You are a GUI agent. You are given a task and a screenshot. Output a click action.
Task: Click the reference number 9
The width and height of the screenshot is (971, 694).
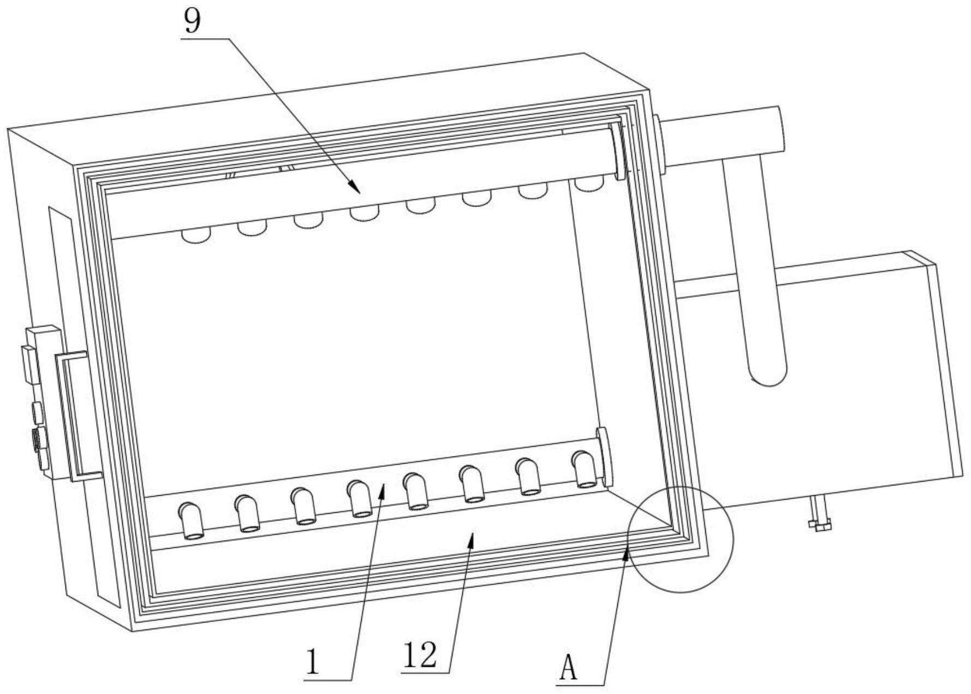(192, 21)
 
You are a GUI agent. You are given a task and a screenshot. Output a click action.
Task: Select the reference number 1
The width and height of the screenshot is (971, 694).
(312, 661)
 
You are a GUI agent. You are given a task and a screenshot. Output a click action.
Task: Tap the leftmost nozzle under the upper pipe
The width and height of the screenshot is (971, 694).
(196, 236)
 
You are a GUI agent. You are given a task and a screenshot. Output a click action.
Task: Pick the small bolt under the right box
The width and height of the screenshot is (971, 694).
(818, 514)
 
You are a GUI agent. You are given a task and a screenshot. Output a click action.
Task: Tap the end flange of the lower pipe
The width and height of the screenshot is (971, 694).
(604, 456)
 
